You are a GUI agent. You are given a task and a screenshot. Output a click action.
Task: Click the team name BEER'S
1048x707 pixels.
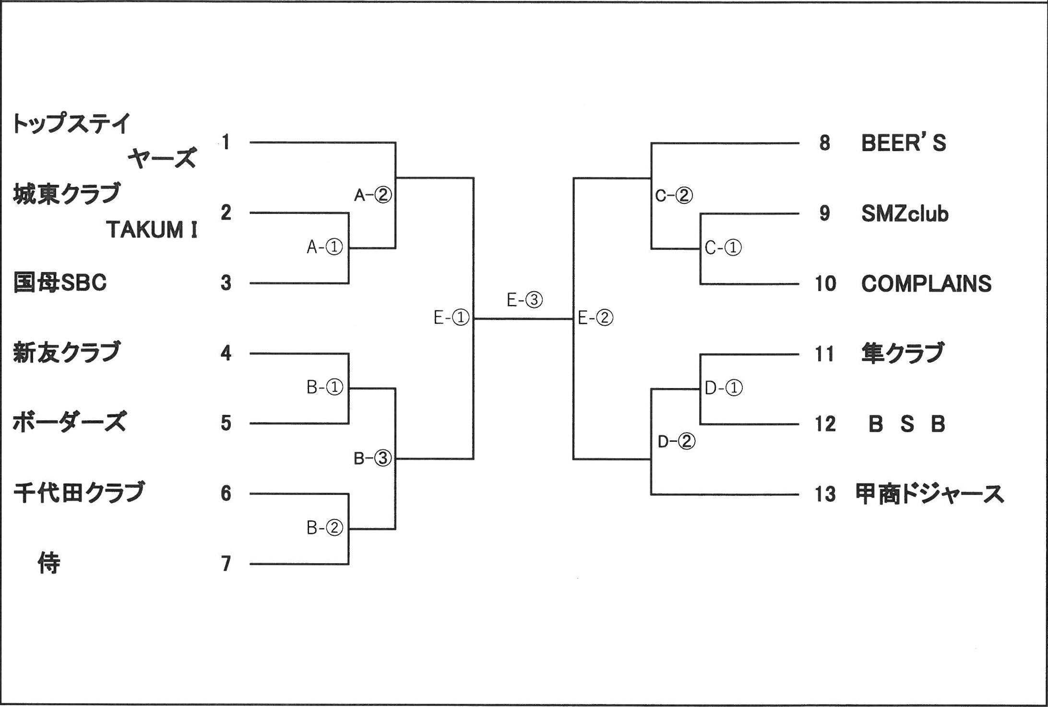(x=903, y=143)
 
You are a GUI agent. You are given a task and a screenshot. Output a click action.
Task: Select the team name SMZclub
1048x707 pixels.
(x=905, y=213)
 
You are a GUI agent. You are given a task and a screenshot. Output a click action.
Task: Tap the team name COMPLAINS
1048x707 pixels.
(x=926, y=283)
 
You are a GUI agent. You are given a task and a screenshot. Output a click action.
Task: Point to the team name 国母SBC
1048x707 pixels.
(x=60, y=283)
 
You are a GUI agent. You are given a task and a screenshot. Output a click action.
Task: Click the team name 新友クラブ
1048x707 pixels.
(x=67, y=353)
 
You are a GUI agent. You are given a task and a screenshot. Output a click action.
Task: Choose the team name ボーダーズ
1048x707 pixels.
(x=69, y=423)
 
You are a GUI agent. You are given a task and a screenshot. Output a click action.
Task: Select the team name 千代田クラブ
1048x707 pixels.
(x=79, y=493)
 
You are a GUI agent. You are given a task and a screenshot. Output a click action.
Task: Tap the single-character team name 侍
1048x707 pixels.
(x=49, y=563)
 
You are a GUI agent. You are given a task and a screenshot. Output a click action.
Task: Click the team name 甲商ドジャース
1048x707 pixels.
(x=929, y=494)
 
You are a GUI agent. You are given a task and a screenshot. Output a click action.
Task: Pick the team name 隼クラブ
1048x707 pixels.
(x=903, y=353)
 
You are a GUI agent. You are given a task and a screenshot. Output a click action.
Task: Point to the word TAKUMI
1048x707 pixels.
(x=152, y=230)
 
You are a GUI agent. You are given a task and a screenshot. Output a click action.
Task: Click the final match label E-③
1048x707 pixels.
(x=524, y=300)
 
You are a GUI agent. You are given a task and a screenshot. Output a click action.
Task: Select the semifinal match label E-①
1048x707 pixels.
(x=451, y=318)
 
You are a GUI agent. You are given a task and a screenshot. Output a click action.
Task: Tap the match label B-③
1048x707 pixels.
(x=372, y=459)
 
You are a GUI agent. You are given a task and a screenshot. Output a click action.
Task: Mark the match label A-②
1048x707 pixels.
(x=373, y=195)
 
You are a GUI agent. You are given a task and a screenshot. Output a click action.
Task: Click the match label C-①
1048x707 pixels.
(x=723, y=248)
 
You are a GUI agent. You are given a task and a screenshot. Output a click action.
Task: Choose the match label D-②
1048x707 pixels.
(x=676, y=441)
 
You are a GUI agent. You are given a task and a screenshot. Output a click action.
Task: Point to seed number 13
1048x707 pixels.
(x=825, y=494)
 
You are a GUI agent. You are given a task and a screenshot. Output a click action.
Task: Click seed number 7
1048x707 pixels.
(x=226, y=564)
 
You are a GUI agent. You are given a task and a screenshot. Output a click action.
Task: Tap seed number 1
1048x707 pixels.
(x=226, y=142)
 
